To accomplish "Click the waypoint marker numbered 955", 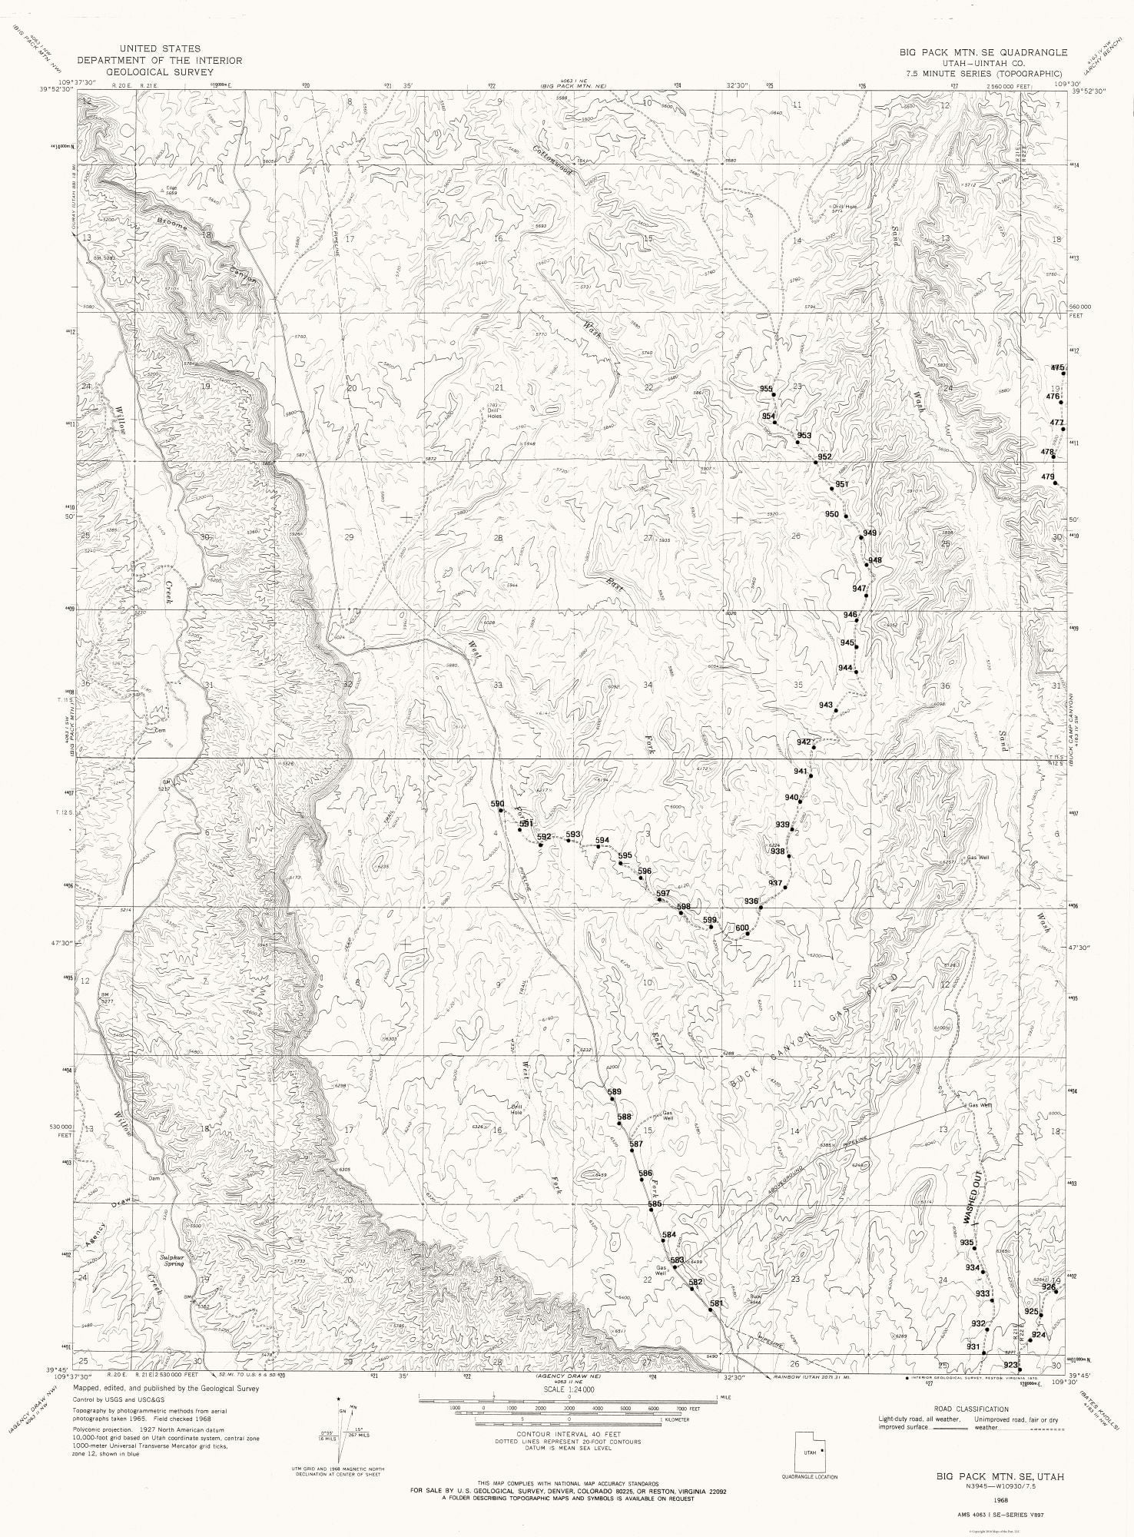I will (774, 395).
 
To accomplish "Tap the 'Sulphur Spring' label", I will (173, 1260).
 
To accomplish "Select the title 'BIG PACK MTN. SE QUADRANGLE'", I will (984, 52).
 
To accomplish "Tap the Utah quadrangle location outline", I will (811, 1453).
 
